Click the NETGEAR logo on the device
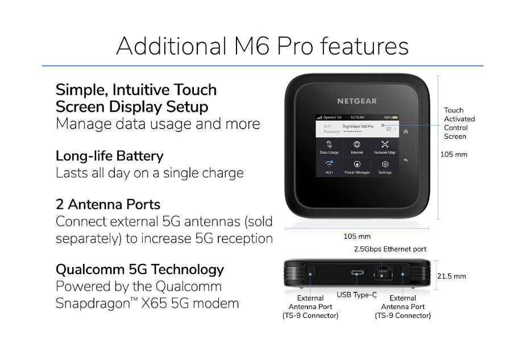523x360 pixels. pos(357,101)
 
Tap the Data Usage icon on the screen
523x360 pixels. pos(329,145)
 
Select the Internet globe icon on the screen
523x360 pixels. pos(357,145)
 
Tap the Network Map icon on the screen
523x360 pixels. pos(385,145)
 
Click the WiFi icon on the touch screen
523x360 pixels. pos(329,164)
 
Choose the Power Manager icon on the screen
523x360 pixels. pos(357,164)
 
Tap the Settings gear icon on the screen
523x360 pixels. pos(385,164)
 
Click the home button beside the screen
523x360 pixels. pos(406,131)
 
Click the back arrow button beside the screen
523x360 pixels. pos(406,161)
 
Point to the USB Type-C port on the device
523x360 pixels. pos(358,274)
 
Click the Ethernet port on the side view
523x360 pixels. pos(381,273)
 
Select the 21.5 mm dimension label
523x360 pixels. pos(451,276)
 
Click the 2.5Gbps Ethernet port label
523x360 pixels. pos(390,249)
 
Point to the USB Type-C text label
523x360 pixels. pos(356,295)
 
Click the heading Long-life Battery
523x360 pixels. pos(110,156)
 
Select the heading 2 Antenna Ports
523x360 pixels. pos(108,204)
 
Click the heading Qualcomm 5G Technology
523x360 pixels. pos(140,270)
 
